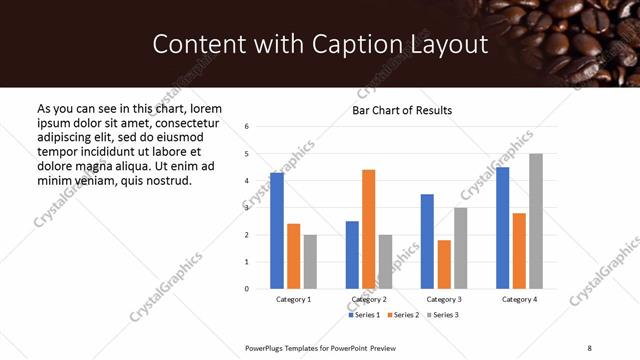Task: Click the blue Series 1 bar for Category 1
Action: coord(277,231)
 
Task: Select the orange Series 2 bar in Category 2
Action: coord(368,229)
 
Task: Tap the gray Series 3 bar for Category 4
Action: coord(536,221)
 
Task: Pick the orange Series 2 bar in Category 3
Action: coord(444,264)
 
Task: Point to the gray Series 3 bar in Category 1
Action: coord(310,262)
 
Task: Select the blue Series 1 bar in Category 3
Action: coord(427,241)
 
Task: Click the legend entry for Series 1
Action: coord(363,315)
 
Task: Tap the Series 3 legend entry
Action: coord(444,315)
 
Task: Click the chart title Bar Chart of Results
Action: coord(402,110)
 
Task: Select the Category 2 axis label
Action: coord(369,300)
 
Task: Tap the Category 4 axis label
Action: coord(519,300)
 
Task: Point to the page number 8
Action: coord(589,347)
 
